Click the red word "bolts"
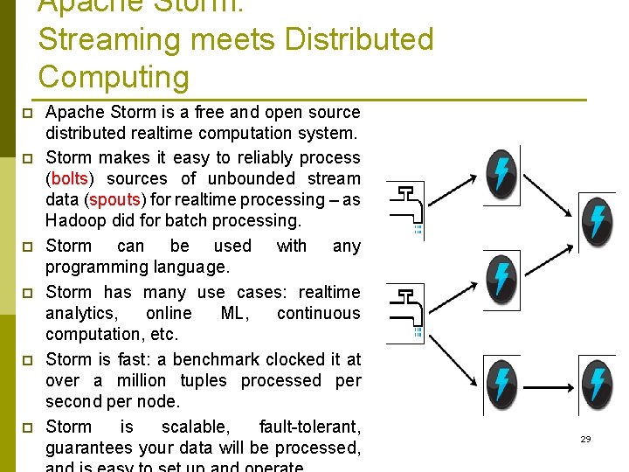click(70, 179)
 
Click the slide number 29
click(585, 439)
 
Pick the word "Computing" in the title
click(114, 77)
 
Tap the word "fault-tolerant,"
click(309, 427)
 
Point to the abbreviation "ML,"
click(234, 314)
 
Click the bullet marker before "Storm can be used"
click(27, 247)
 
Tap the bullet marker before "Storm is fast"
click(27, 360)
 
